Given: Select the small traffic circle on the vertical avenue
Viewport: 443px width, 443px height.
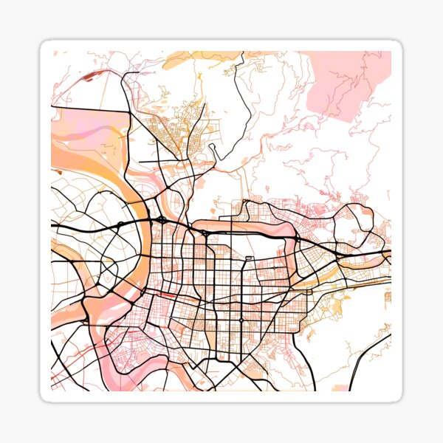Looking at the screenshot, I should tap(241, 319).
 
